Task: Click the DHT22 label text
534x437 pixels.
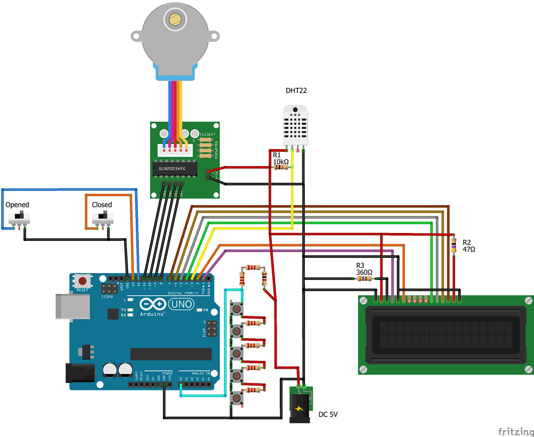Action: click(x=296, y=91)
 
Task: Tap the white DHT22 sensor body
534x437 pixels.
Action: click(x=295, y=125)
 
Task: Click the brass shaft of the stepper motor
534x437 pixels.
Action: click(x=174, y=19)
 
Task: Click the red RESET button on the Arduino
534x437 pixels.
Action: click(x=82, y=280)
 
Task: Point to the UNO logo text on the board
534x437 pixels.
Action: click(x=182, y=304)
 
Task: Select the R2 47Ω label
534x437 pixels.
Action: click(x=468, y=245)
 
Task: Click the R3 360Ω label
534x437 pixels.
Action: click(x=364, y=269)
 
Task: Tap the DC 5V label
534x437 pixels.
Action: click(x=328, y=414)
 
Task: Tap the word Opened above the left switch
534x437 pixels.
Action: click(x=17, y=205)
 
